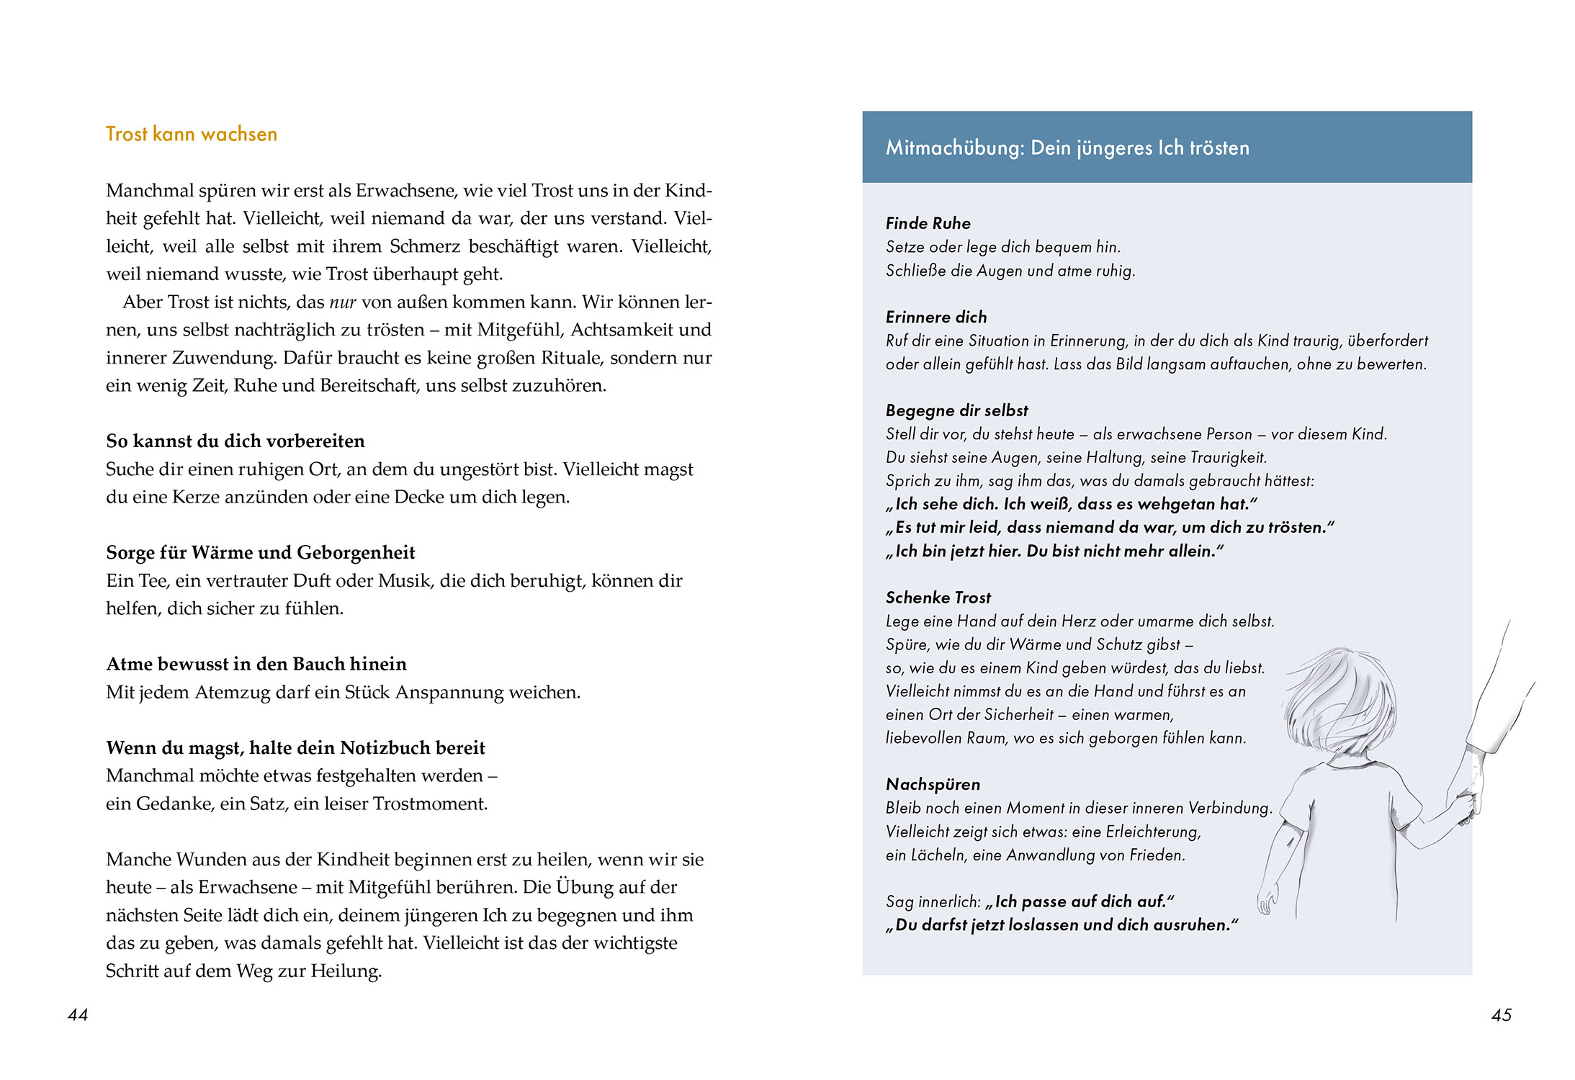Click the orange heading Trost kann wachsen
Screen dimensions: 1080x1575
pyautogui.click(x=191, y=135)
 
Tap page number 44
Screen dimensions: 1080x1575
pyautogui.click(x=77, y=1014)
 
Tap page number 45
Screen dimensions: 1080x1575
pyautogui.click(x=1501, y=1015)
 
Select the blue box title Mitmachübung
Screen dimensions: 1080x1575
pyautogui.click(x=1067, y=148)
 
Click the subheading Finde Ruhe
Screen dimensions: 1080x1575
pyautogui.click(x=928, y=223)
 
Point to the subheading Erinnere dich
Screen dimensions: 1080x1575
pyautogui.click(x=935, y=317)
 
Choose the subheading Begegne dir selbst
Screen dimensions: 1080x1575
pyautogui.click(x=956, y=410)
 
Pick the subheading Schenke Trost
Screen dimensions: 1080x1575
pyautogui.click(x=938, y=598)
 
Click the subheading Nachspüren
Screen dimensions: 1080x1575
pyautogui.click(x=933, y=784)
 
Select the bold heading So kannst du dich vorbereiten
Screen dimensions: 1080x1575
pyautogui.click(x=235, y=441)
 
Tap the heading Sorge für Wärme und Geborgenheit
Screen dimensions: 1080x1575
pyautogui.click(x=260, y=552)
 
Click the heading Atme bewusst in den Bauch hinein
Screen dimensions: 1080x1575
pyautogui.click(x=256, y=664)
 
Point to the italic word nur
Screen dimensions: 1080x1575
pyautogui.click(x=343, y=302)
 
